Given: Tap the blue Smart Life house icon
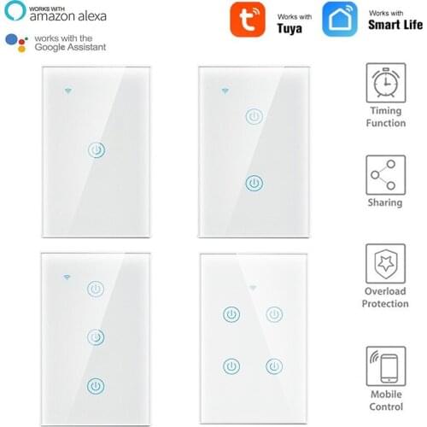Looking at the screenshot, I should click(x=338, y=20).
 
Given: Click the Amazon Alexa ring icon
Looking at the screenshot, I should click(x=13, y=13).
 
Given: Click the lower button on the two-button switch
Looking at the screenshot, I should click(x=253, y=183).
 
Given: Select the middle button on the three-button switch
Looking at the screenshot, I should click(x=97, y=336).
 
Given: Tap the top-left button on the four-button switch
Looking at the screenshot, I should click(x=230, y=313).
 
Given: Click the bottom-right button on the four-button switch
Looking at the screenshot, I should click(x=273, y=367).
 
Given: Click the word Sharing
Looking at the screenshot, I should click(x=385, y=202).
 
